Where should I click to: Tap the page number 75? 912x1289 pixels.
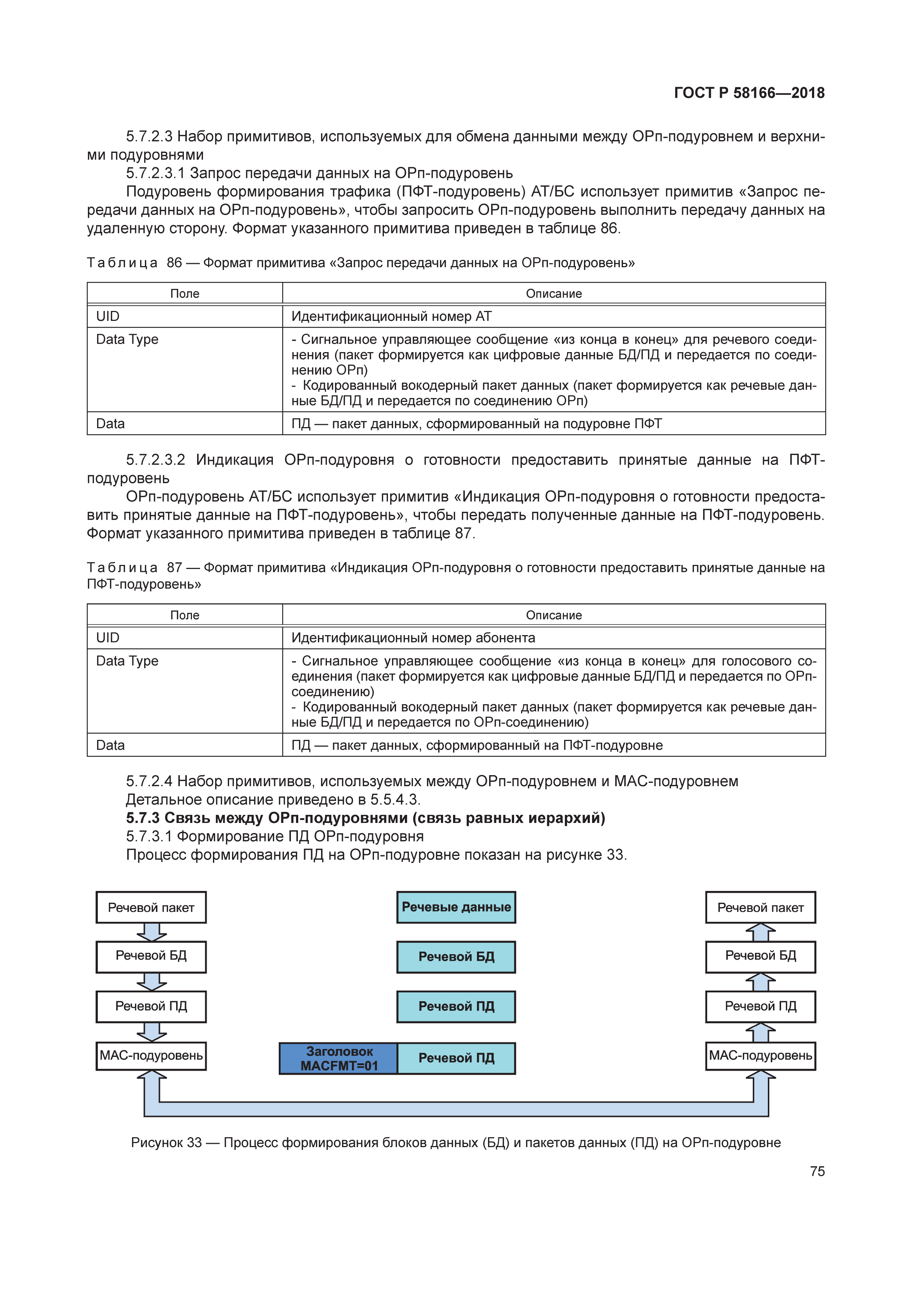tap(817, 1171)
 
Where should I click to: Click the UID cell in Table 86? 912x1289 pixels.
tap(184, 316)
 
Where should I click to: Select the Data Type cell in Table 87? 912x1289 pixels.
tap(184, 691)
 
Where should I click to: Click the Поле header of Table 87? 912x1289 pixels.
tap(184, 615)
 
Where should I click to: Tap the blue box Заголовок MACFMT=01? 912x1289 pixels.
tap(339, 1058)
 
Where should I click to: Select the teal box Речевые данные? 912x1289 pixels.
tap(456, 907)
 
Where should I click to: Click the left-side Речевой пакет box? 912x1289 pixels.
tap(151, 907)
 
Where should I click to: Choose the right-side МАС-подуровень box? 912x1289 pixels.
tap(760, 1056)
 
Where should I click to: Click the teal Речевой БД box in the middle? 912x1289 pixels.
tap(456, 957)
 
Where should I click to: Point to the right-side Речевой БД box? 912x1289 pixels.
tap(760, 956)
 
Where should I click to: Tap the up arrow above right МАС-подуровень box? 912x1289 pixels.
tap(760, 1032)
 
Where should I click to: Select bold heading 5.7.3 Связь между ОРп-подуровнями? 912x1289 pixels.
tap(365, 818)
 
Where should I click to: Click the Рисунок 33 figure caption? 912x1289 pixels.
tap(455, 1142)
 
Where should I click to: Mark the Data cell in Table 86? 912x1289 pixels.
tap(184, 423)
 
